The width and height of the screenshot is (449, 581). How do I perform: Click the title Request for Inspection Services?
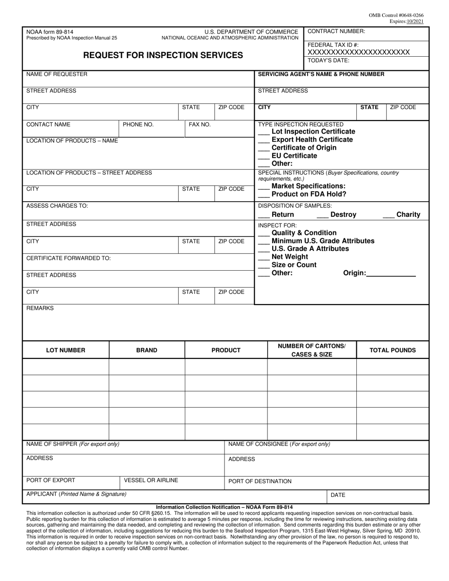(163, 55)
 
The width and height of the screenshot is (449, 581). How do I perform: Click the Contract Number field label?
(336, 31)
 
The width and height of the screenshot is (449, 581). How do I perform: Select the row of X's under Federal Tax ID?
(359, 52)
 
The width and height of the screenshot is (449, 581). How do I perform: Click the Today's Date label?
(328, 60)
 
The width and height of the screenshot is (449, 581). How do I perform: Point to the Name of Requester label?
(57, 74)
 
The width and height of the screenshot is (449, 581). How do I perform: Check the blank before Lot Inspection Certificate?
(264, 132)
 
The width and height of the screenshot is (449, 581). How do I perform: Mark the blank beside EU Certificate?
(264, 156)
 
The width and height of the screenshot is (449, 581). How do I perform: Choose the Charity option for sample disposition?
(401, 214)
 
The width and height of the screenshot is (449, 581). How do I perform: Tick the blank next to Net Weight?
(264, 257)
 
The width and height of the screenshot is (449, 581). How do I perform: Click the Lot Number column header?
(66, 350)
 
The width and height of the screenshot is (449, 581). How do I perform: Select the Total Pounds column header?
(392, 350)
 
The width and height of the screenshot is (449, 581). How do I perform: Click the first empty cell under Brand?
(147, 367)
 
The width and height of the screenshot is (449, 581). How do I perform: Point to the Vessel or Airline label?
(151, 480)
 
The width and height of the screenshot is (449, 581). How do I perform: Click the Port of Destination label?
(260, 481)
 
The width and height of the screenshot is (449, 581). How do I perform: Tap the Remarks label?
(40, 308)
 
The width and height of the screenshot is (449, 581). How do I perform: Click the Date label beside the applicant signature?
(338, 496)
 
